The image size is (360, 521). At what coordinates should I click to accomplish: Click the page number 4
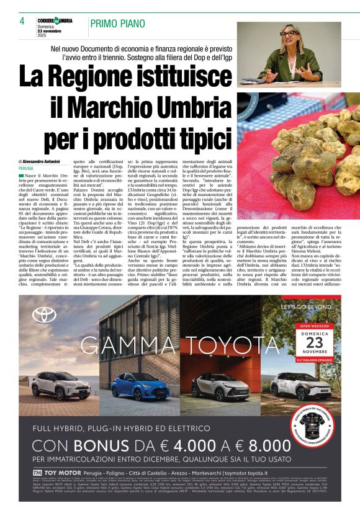[22, 21]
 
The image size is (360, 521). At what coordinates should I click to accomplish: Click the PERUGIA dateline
[27, 168]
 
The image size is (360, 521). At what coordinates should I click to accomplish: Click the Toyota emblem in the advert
[45, 314]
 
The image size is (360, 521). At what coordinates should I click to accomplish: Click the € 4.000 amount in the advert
[185, 446]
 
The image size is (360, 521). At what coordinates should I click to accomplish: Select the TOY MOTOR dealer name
[60, 473]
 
